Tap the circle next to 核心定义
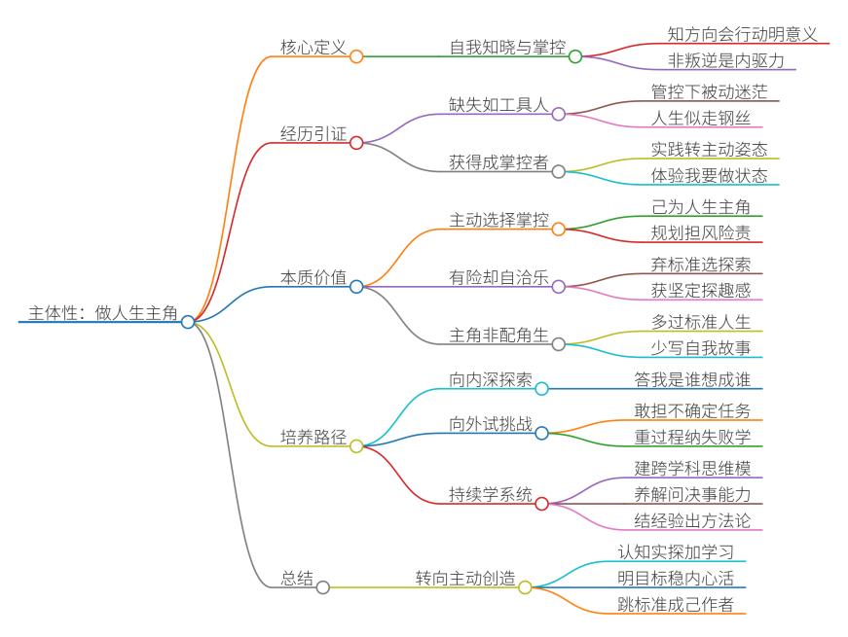pyautogui.click(x=356, y=56)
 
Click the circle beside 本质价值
pyautogui.click(x=356, y=287)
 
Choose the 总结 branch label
pyautogui.click(x=297, y=579)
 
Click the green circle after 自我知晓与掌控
pyautogui.click(x=575, y=56)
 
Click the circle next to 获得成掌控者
pyautogui.click(x=559, y=171)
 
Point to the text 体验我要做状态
pyautogui.click(x=709, y=176)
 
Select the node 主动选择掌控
pyautogui.click(x=499, y=220)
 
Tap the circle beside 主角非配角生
pyautogui.click(x=559, y=343)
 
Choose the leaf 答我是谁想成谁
pyautogui.click(x=692, y=377)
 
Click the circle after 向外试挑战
pyautogui.click(x=541, y=433)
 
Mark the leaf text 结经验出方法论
pyautogui.click(x=692, y=520)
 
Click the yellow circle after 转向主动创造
pyautogui.click(x=525, y=587)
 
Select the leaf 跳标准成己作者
pyautogui.click(x=676, y=604)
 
